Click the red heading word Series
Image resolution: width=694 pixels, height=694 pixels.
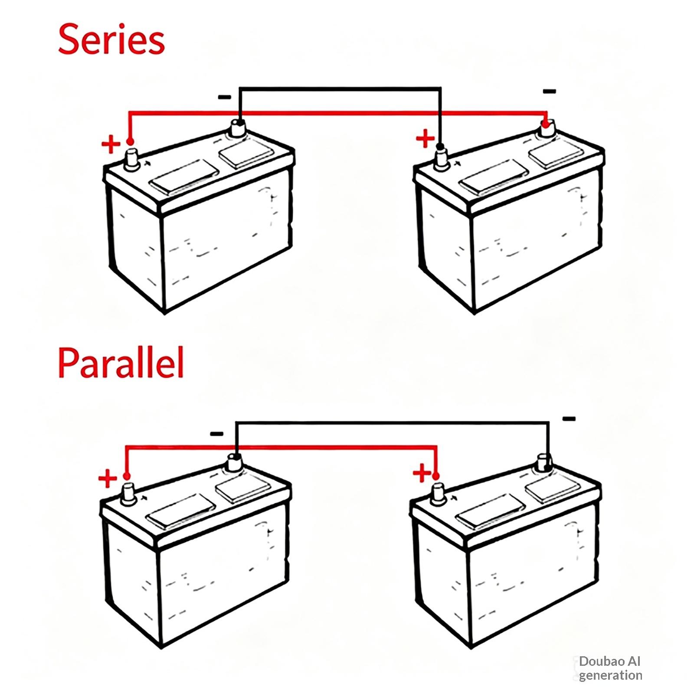[111, 39]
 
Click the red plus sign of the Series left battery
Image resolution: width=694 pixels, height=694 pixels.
[111, 144]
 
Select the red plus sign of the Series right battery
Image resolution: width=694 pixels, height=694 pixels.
[425, 139]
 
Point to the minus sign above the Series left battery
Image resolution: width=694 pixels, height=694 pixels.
[225, 97]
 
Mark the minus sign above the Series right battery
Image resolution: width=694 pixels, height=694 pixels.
[549, 91]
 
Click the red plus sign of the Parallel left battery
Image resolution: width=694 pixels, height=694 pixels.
[108, 479]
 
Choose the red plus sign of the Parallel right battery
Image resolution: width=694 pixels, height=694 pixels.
[422, 473]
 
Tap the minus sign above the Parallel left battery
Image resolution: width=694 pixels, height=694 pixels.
[216, 434]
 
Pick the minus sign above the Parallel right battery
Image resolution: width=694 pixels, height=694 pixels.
[569, 419]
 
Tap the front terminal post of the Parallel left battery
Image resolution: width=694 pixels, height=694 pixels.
[128, 494]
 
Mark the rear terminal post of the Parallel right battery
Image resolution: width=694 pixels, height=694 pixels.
[544, 463]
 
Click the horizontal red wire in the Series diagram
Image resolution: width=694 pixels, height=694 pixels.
[338, 114]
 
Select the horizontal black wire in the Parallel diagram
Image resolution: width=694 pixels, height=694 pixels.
[392, 422]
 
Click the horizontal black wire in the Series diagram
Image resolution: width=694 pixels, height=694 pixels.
[340, 89]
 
